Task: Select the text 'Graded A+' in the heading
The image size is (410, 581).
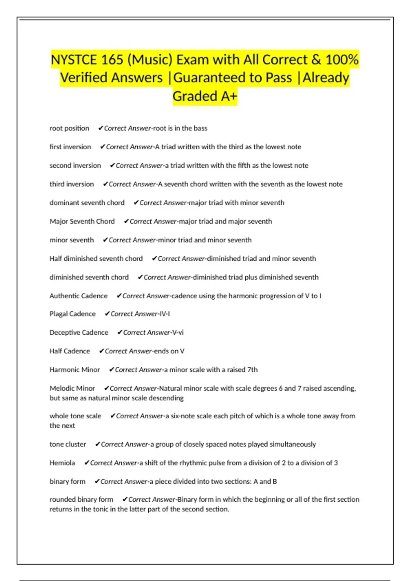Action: tap(205, 96)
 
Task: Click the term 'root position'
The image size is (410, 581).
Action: tap(69, 128)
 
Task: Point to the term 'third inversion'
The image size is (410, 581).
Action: tap(72, 184)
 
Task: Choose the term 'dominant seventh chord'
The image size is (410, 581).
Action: tap(87, 203)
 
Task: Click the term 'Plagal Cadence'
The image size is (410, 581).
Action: tap(72, 314)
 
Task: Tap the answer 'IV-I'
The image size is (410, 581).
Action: tap(165, 314)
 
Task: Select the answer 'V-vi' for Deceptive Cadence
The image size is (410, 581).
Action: tap(178, 332)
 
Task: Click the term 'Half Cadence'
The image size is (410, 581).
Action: tap(70, 351)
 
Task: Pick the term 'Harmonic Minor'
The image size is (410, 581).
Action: tap(74, 369)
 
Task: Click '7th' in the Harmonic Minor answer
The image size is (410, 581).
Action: tap(252, 369)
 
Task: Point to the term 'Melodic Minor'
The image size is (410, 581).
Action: tap(72, 388)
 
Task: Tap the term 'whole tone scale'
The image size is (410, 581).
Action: tap(75, 416)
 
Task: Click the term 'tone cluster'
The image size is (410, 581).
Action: tap(68, 444)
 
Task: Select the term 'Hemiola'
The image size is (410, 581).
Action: tap(62, 463)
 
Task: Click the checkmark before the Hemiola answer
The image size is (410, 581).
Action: tap(87, 463)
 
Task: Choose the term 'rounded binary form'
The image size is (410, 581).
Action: tap(81, 499)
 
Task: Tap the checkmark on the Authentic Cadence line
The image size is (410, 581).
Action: tap(119, 296)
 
